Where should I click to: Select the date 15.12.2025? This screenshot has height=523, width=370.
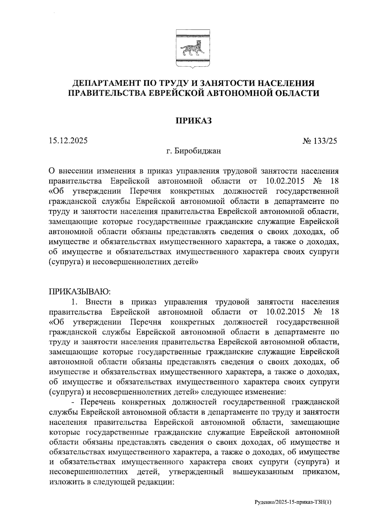(x=68, y=141)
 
